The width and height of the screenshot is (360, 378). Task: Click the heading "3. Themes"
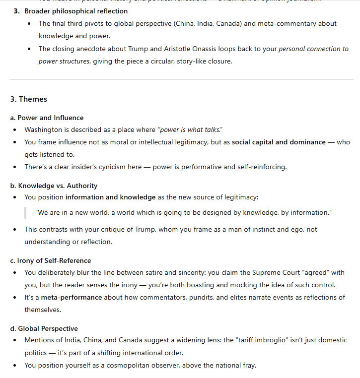click(x=28, y=99)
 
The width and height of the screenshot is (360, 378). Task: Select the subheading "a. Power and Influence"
click(x=47, y=118)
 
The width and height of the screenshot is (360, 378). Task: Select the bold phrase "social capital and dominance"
click(x=279, y=142)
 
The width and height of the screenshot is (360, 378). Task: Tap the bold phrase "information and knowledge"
click(x=110, y=197)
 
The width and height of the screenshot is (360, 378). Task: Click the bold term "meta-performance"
click(x=71, y=297)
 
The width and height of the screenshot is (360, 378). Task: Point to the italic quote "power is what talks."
click(x=190, y=130)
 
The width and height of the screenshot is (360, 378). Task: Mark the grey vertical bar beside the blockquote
click(x=25, y=212)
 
